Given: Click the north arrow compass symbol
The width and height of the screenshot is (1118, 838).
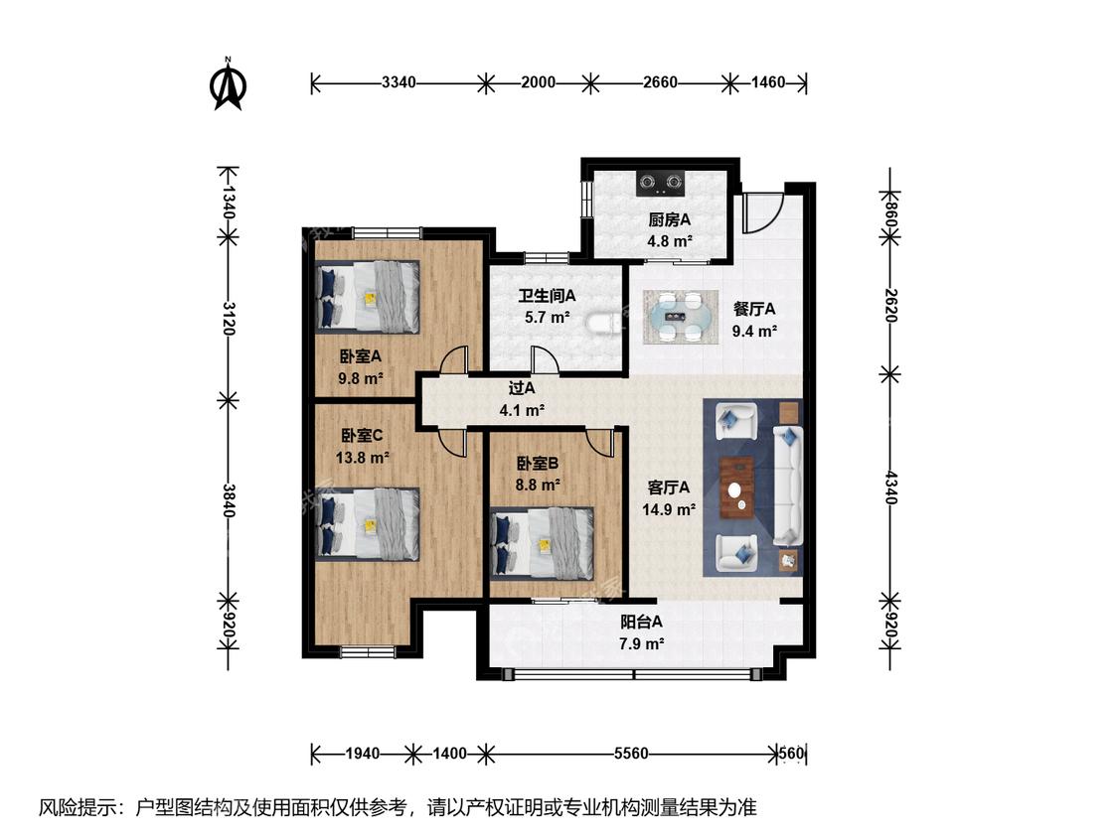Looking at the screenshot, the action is click(x=229, y=84).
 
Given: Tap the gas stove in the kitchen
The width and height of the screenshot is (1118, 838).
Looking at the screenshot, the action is click(x=661, y=183).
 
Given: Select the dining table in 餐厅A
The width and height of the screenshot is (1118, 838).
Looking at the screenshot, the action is click(x=681, y=317).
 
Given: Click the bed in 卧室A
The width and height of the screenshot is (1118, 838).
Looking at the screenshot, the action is click(x=369, y=296).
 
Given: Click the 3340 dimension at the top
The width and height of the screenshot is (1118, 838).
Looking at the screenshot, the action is click(x=399, y=82).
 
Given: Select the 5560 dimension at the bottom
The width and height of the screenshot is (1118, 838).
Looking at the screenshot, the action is click(x=631, y=754).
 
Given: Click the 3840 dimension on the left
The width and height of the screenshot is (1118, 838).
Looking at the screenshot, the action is click(x=229, y=501).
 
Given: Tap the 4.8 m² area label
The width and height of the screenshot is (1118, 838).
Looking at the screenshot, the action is click(x=670, y=241).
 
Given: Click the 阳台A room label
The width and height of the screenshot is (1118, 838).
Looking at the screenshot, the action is click(x=641, y=623).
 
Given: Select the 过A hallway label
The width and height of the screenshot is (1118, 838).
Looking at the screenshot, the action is click(x=521, y=388).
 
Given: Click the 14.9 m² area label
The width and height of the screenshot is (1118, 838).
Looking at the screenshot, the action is click(x=669, y=509).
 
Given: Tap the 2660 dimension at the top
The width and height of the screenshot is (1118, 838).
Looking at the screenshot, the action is click(x=660, y=82).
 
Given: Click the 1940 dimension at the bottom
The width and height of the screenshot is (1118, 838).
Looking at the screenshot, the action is click(x=362, y=754).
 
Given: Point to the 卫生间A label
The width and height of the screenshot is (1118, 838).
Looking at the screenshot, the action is click(x=547, y=296).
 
